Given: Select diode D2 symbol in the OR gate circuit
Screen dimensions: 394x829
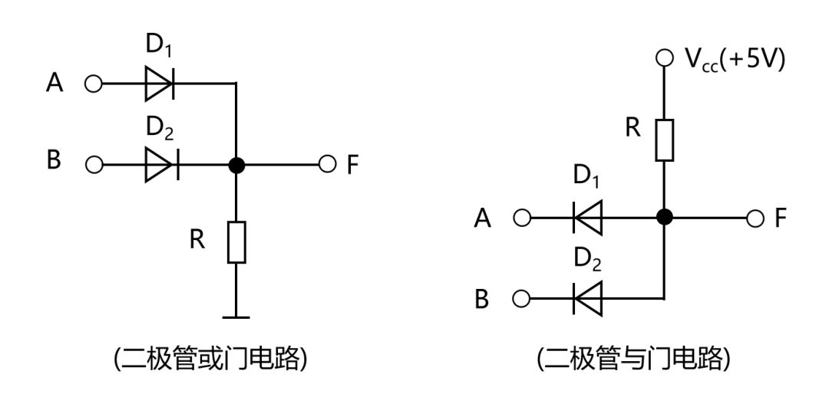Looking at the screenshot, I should tap(160, 164).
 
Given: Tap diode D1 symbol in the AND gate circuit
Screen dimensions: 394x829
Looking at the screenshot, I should tap(587, 218).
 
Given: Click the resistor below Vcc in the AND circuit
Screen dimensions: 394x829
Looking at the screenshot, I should tap(665, 140).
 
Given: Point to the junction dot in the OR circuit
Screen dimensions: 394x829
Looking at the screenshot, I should tap(237, 164).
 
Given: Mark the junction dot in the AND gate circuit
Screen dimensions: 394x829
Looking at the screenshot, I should tap(665, 218).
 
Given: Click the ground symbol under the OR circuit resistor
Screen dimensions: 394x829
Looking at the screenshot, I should tap(237, 316).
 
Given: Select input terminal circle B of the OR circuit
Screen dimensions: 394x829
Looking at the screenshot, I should tap(94, 164).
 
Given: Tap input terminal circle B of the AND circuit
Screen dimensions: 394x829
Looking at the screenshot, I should tap(522, 298).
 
